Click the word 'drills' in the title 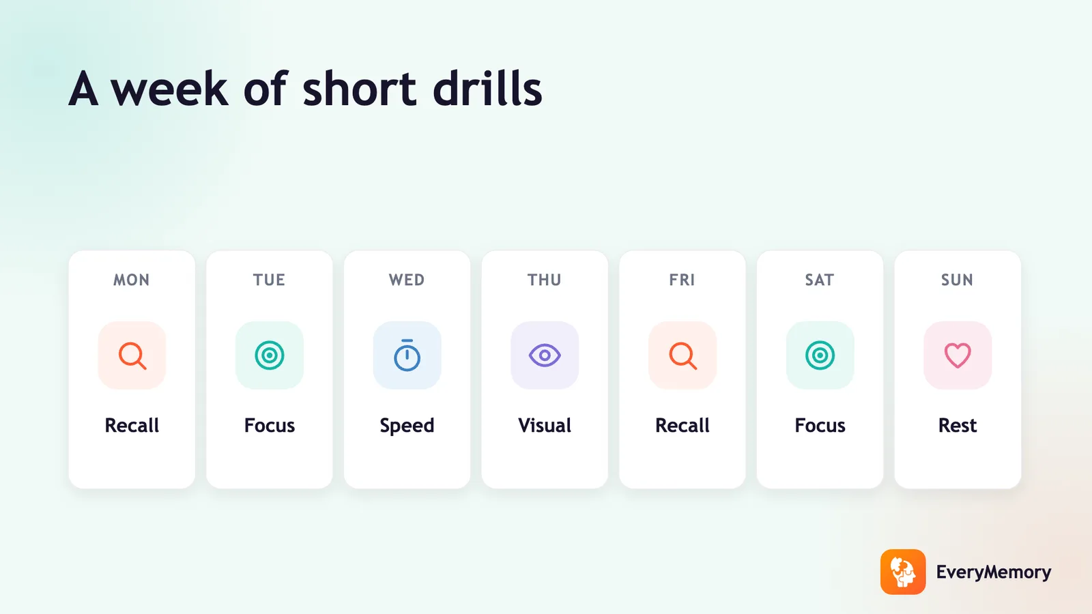(487, 88)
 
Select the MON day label (132, 280)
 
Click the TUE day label (269, 280)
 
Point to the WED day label (407, 280)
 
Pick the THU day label (545, 280)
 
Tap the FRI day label (682, 280)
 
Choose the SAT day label (820, 280)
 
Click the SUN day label (957, 280)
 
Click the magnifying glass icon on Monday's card (132, 355)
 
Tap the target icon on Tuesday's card (270, 355)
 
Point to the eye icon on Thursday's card (545, 355)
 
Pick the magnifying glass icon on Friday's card (682, 355)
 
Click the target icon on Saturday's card (820, 355)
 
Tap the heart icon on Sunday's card (958, 355)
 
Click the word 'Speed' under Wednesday (407, 426)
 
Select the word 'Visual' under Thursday (545, 426)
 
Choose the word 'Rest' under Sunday (958, 426)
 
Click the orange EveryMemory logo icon (903, 572)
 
